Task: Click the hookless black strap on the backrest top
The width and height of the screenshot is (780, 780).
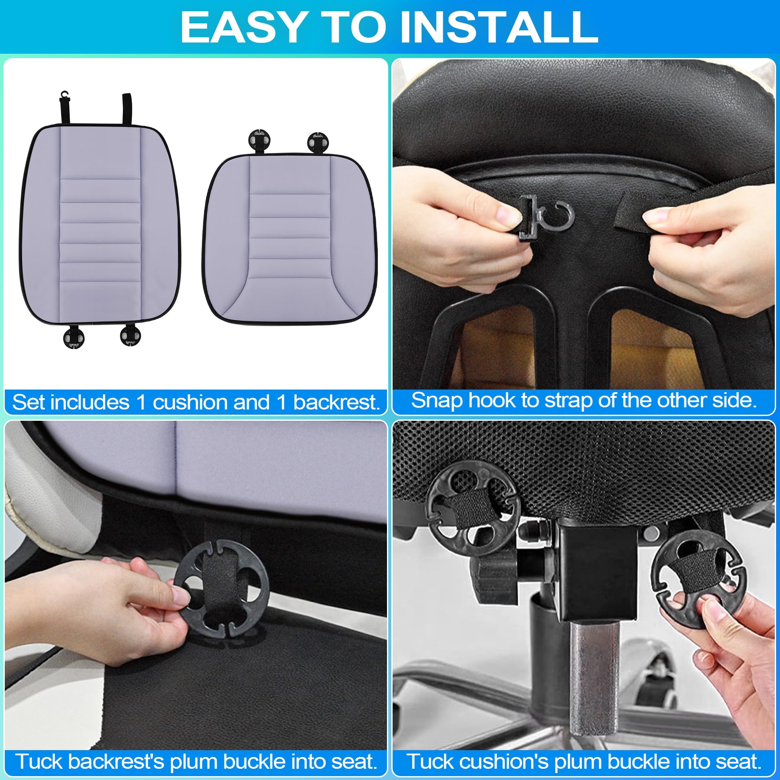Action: pyautogui.click(x=127, y=108)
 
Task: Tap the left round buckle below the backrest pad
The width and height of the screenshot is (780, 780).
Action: pyautogui.click(x=73, y=338)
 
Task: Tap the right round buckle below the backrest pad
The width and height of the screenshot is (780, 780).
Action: pyautogui.click(x=130, y=335)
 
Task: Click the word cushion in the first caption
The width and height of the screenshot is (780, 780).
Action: pyautogui.click(x=190, y=403)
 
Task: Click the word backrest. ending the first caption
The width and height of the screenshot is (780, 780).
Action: pyautogui.click(x=337, y=403)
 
